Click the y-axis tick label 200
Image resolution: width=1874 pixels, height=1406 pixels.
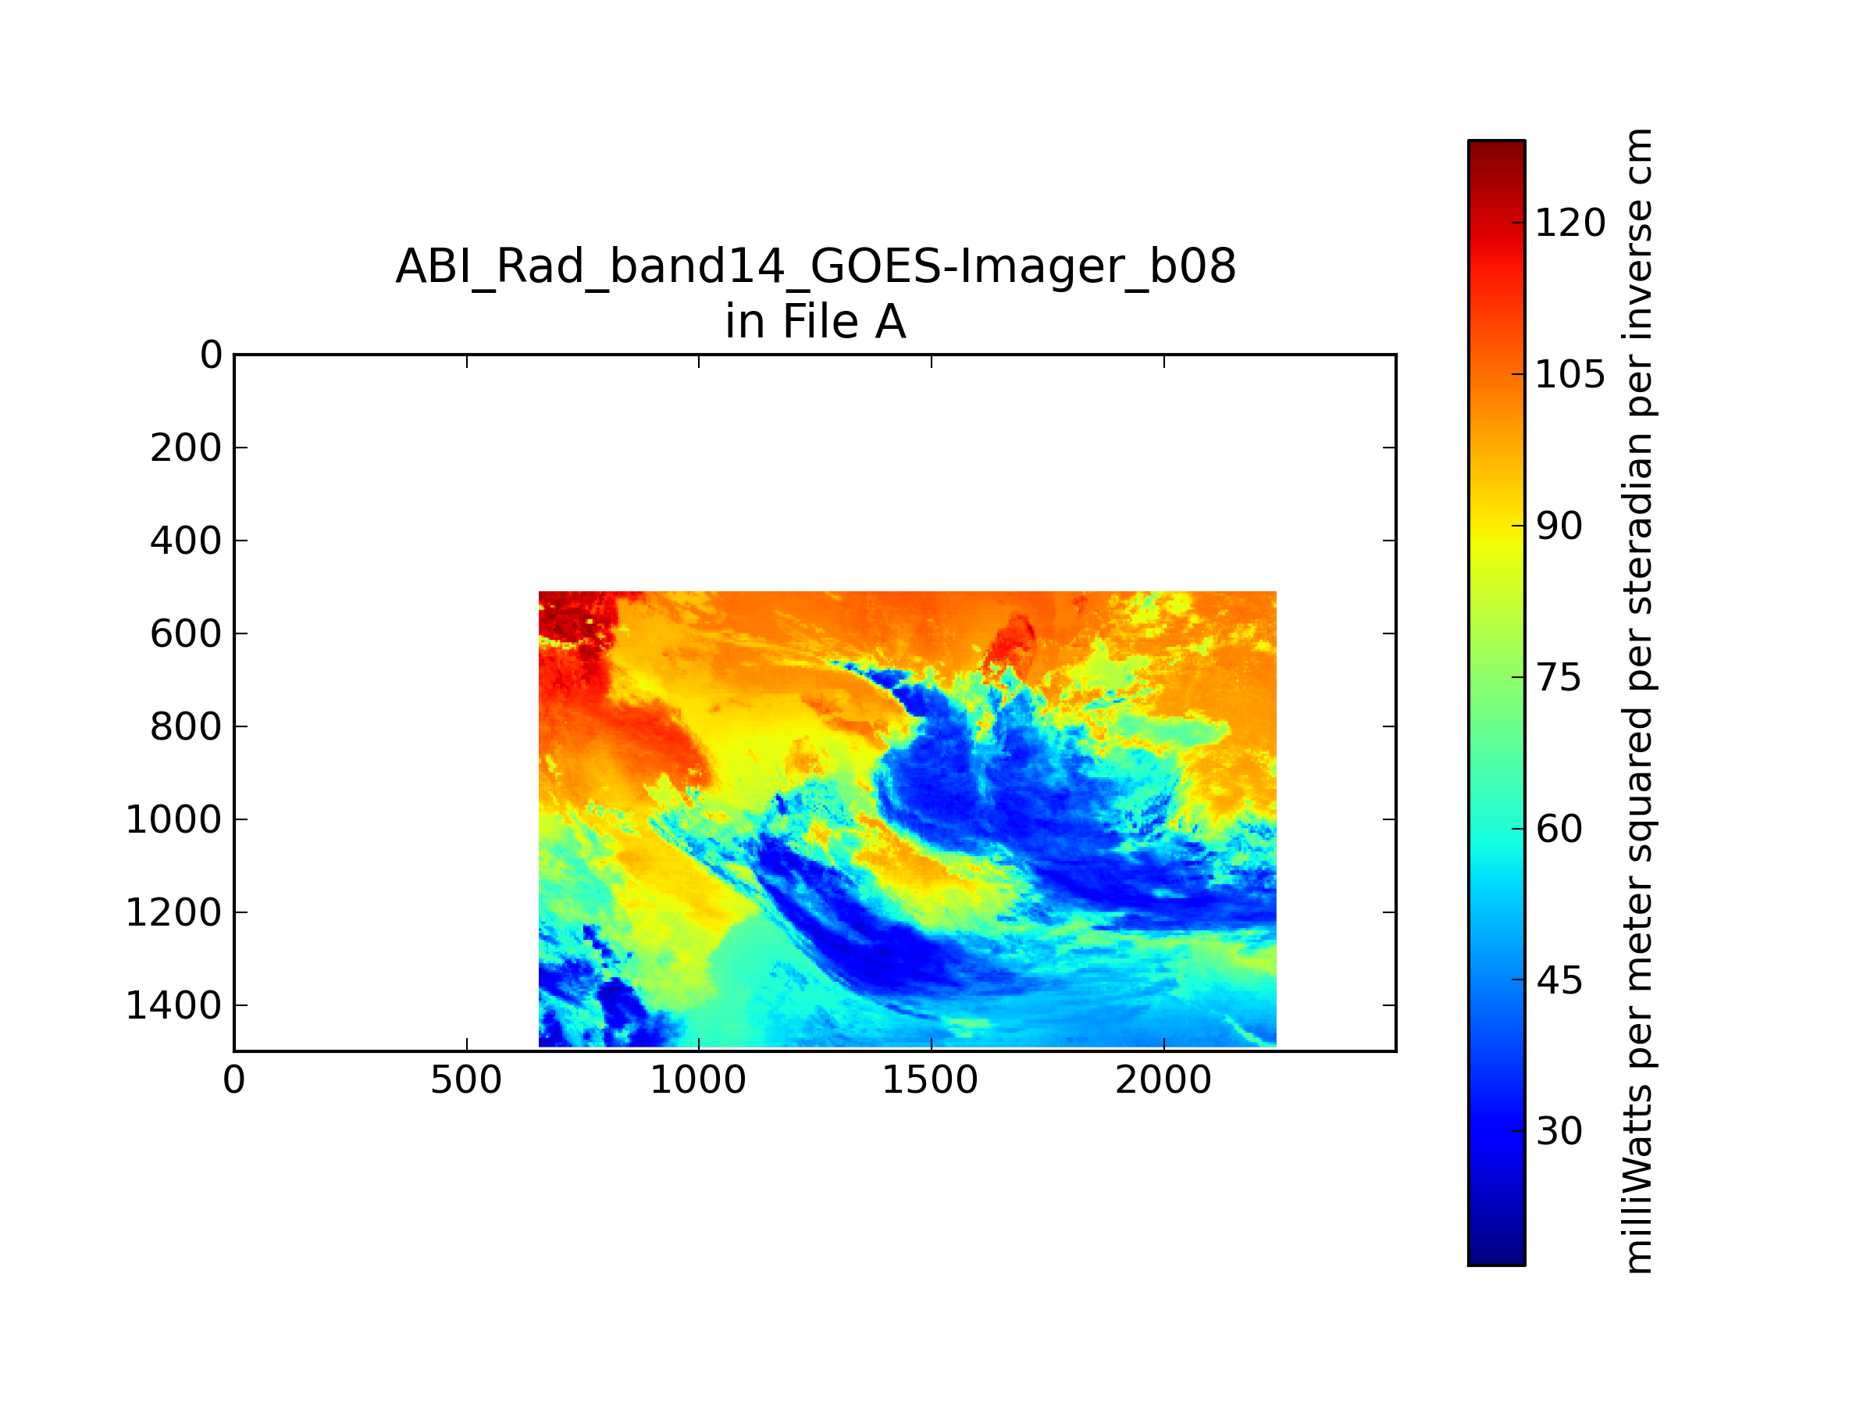(186, 448)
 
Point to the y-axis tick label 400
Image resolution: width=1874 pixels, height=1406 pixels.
(186, 541)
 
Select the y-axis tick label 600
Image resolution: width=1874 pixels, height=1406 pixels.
(186, 634)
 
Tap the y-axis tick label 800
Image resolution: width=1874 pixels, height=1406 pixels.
(186, 727)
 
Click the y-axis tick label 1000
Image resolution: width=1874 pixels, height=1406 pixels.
(173, 819)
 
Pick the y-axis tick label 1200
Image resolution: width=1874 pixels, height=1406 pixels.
(173, 913)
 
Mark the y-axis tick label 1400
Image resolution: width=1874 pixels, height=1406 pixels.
(173, 1006)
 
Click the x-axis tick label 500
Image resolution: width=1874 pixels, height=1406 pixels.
(466, 1080)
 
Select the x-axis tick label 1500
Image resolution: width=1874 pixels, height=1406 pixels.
(930, 1080)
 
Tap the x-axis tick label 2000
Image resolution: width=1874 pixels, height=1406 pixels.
(1163, 1080)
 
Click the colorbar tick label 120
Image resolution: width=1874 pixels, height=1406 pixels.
(1569, 223)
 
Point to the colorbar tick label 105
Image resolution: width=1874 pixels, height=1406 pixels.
(1569, 375)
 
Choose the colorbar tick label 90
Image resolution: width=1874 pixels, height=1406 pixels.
(1559, 526)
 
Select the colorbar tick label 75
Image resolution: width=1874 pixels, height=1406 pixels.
(1559, 678)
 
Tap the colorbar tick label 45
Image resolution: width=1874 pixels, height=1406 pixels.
(1559, 980)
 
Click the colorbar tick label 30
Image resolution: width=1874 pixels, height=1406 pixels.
(1559, 1131)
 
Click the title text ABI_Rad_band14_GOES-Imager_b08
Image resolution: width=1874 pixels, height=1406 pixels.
(816, 267)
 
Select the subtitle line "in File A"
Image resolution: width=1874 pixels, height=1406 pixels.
(816, 322)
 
